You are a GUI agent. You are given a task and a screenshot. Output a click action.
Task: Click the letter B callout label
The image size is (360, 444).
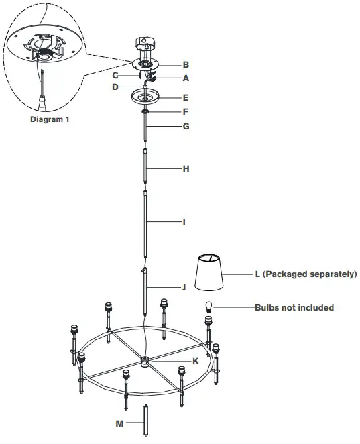click(186, 65)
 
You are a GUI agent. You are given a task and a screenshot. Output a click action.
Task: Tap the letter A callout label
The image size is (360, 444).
click(186, 78)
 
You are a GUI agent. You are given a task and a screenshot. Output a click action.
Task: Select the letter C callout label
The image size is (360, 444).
click(115, 75)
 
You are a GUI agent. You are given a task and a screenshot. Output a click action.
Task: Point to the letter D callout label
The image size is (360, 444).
click(115, 87)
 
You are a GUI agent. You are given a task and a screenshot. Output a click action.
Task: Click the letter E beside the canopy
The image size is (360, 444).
click(186, 97)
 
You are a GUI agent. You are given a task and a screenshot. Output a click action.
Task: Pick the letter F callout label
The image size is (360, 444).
click(186, 111)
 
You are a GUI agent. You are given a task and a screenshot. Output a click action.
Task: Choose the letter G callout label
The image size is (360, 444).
click(186, 125)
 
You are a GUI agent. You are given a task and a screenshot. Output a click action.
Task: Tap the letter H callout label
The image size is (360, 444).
click(186, 169)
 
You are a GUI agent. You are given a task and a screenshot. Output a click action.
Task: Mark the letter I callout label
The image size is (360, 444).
click(184, 221)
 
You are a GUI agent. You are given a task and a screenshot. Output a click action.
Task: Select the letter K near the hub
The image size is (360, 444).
click(196, 361)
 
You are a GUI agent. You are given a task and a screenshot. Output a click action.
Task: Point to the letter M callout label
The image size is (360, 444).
click(120, 423)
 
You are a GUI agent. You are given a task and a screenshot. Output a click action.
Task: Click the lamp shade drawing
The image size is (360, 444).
click(211, 274)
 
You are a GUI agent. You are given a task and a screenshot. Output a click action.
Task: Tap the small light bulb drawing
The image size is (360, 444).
click(208, 308)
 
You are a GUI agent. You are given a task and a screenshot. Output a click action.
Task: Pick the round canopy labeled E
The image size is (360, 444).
click(145, 96)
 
